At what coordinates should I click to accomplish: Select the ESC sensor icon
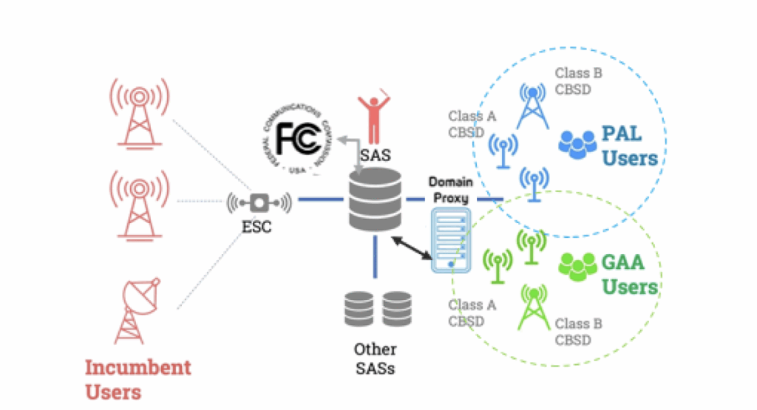point(259,202)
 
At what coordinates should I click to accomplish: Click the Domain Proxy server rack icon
point(449,241)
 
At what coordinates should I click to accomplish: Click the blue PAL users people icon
point(577,143)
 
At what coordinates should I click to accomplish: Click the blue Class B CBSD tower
point(532,106)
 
